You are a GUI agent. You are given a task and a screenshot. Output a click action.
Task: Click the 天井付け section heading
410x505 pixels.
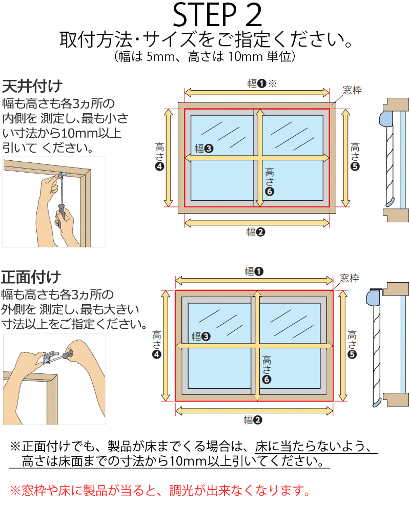(32, 85)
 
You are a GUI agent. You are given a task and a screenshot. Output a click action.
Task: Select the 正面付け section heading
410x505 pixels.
(31, 278)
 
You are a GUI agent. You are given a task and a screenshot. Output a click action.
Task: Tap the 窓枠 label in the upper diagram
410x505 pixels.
(352, 91)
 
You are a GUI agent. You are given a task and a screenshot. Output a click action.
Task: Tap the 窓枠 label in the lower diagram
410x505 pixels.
(350, 279)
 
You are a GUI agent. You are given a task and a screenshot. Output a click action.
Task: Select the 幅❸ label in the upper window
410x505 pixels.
(203, 149)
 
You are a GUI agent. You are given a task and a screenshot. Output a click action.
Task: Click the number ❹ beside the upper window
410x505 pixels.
(159, 166)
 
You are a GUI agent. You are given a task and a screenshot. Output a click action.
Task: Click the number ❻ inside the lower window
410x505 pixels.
(266, 380)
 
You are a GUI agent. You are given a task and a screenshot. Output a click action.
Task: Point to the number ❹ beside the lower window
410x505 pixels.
(157, 354)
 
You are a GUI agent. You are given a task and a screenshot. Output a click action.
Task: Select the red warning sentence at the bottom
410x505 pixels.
(160, 491)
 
